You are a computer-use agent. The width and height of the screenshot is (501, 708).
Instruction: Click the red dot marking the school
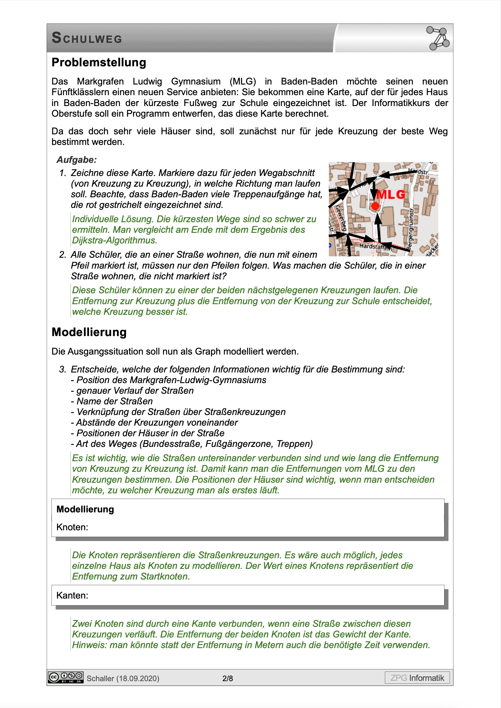tap(375, 206)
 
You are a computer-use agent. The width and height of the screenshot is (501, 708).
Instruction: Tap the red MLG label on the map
tap(390, 194)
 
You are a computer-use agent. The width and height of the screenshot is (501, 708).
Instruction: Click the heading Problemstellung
tap(99, 62)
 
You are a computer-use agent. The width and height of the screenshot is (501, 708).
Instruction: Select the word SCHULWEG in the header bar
tap(87, 38)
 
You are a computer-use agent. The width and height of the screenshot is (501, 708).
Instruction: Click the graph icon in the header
tap(438, 38)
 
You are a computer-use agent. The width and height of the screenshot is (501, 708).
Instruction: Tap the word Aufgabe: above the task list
tap(76, 160)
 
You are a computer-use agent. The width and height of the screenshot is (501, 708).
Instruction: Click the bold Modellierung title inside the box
tap(85, 509)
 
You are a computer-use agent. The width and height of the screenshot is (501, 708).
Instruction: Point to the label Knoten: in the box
tap(72, 527)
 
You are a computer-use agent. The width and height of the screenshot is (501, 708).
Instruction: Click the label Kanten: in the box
tap(72, 595)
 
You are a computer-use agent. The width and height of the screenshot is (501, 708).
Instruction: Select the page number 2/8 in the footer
tap(228, 678)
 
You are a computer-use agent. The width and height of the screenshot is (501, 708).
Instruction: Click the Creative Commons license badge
tap(66, 677)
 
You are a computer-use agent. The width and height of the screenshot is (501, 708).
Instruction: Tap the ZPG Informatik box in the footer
tap(417, 678)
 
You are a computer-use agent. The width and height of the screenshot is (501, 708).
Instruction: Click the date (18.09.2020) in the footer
tap(138, 678)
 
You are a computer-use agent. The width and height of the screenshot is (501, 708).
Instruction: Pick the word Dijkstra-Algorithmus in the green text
tap(115, 240)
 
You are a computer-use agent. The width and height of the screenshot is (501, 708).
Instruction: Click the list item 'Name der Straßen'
tap(114, 401)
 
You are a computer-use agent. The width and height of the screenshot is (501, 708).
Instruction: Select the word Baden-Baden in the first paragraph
tap(309, 81)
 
